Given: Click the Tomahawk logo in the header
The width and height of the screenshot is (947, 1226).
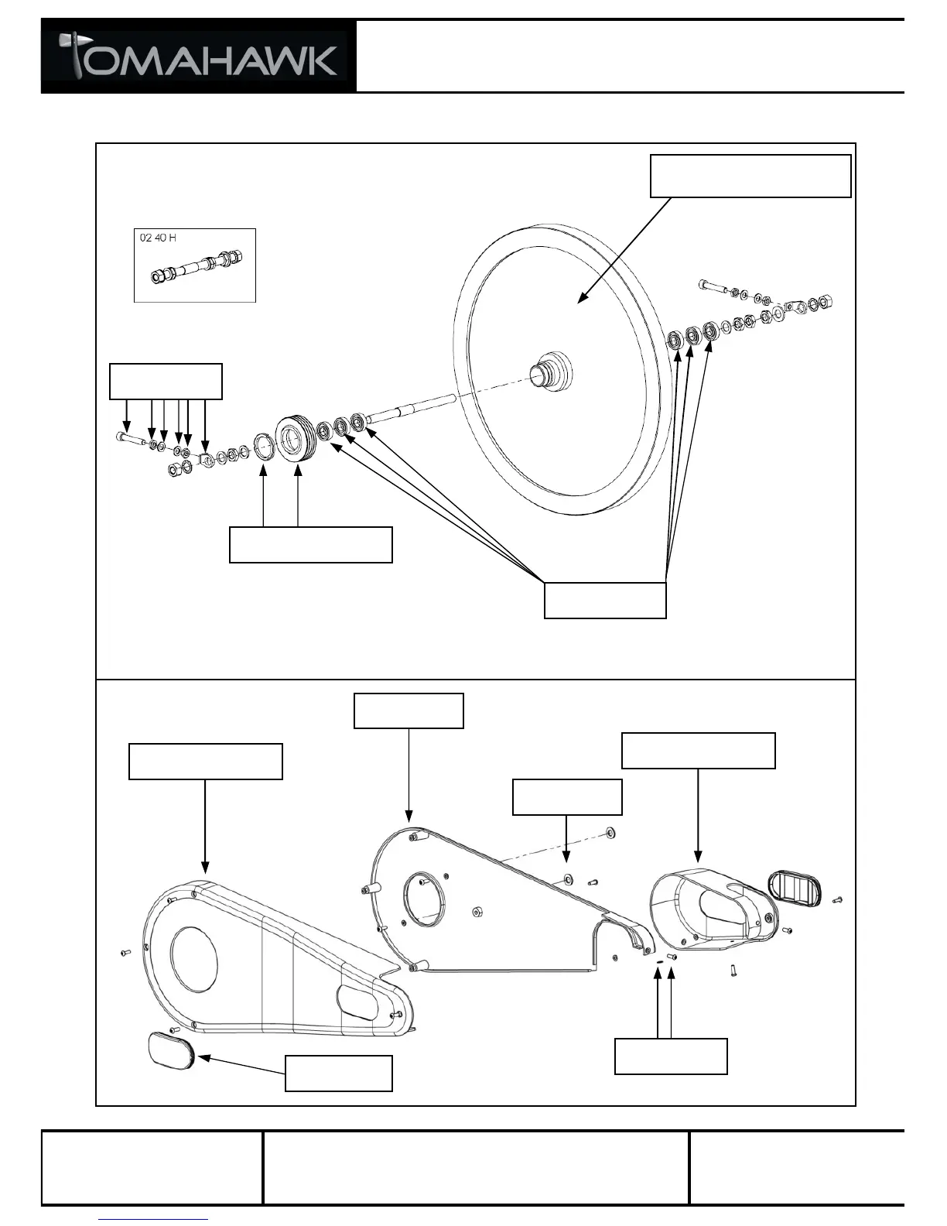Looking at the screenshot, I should [199, 57].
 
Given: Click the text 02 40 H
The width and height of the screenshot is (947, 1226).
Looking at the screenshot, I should [158, 238].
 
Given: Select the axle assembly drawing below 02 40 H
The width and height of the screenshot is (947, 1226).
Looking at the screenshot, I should [194, 272].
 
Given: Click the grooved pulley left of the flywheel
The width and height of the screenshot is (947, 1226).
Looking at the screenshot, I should [294, 440].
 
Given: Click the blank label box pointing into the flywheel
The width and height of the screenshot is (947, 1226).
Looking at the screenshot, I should [750, 176].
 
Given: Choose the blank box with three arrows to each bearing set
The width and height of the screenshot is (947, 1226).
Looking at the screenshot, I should [605, 601].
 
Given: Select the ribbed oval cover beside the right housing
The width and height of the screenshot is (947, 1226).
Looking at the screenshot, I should [795, 888].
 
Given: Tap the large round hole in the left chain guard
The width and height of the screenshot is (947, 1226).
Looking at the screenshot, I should [194, 960].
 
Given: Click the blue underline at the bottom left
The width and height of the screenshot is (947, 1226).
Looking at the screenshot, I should [154, 1219].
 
